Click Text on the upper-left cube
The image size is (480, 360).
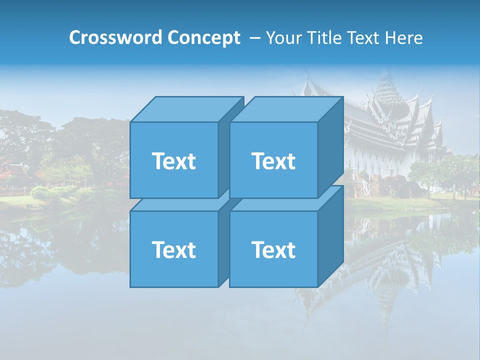173,161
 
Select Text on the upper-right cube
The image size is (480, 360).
273,161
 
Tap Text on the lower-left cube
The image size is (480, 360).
173,249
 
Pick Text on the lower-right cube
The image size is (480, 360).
273,249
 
